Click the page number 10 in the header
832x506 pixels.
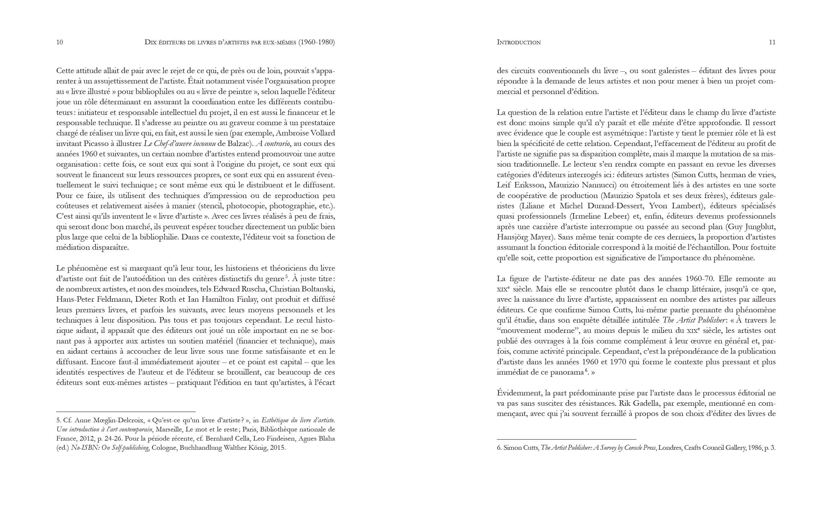coord(59,42)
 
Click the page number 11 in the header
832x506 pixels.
coord(772,42)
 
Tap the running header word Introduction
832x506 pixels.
coord(519,42)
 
